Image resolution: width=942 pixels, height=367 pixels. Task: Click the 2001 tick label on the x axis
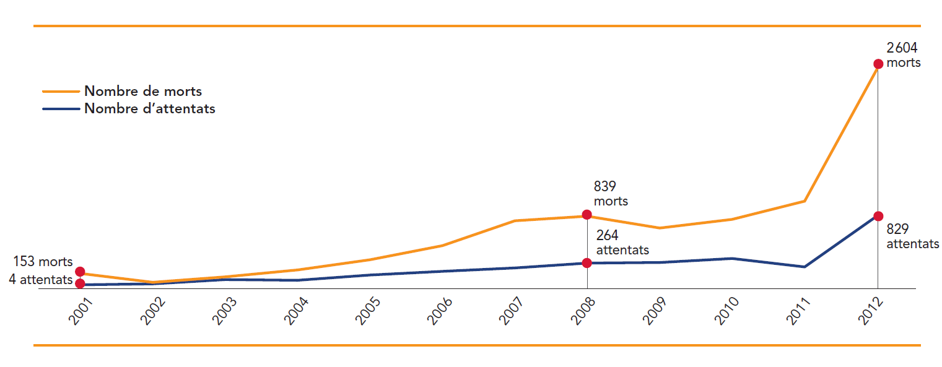click(x=81, y=311)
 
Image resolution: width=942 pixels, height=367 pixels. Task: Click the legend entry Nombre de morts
click(x=143, y=91)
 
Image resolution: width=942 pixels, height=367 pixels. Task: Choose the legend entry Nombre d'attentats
click(x=150, y=109)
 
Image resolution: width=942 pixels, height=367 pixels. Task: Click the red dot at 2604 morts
click(x=878, y=64)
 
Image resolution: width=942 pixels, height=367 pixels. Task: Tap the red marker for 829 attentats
click(x=878, y=216)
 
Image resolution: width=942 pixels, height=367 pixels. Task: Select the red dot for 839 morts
click(x=587, y=216)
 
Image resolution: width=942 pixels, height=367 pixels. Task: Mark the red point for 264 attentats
click(x=587, y=263)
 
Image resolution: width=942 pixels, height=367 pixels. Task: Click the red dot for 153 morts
click(x=80, y=272)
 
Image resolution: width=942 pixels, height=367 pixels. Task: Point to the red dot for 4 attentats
click(x=80, y=283)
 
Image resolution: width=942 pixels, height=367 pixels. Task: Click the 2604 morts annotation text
click(x=903, y=55)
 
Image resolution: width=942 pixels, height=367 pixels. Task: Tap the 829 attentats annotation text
click(x=912, y=236)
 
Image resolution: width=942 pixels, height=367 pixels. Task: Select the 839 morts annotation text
click(x=611, y=194)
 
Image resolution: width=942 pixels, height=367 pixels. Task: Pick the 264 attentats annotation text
click(x=622, y=243)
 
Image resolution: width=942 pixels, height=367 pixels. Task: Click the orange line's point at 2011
click(x=805, y=201)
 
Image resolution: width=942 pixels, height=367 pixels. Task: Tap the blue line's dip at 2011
click(x=805, y=267)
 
